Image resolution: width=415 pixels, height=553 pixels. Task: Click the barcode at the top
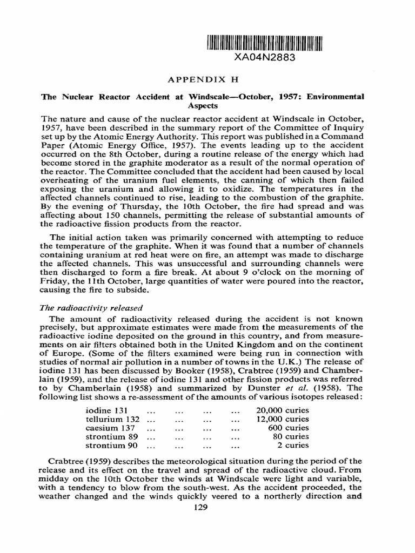264,43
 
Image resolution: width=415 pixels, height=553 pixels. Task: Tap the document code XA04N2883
264,58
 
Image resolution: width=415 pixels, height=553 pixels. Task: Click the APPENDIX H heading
203,79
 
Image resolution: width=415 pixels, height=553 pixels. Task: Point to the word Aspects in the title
203,106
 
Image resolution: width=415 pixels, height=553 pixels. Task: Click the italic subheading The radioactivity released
92,308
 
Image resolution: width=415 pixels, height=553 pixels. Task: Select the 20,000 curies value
282,410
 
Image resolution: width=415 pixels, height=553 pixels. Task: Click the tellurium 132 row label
112,419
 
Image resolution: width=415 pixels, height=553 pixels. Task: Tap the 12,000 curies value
282,419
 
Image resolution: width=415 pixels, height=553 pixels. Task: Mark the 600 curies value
289,428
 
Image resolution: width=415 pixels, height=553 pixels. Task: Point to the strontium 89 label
111,436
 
